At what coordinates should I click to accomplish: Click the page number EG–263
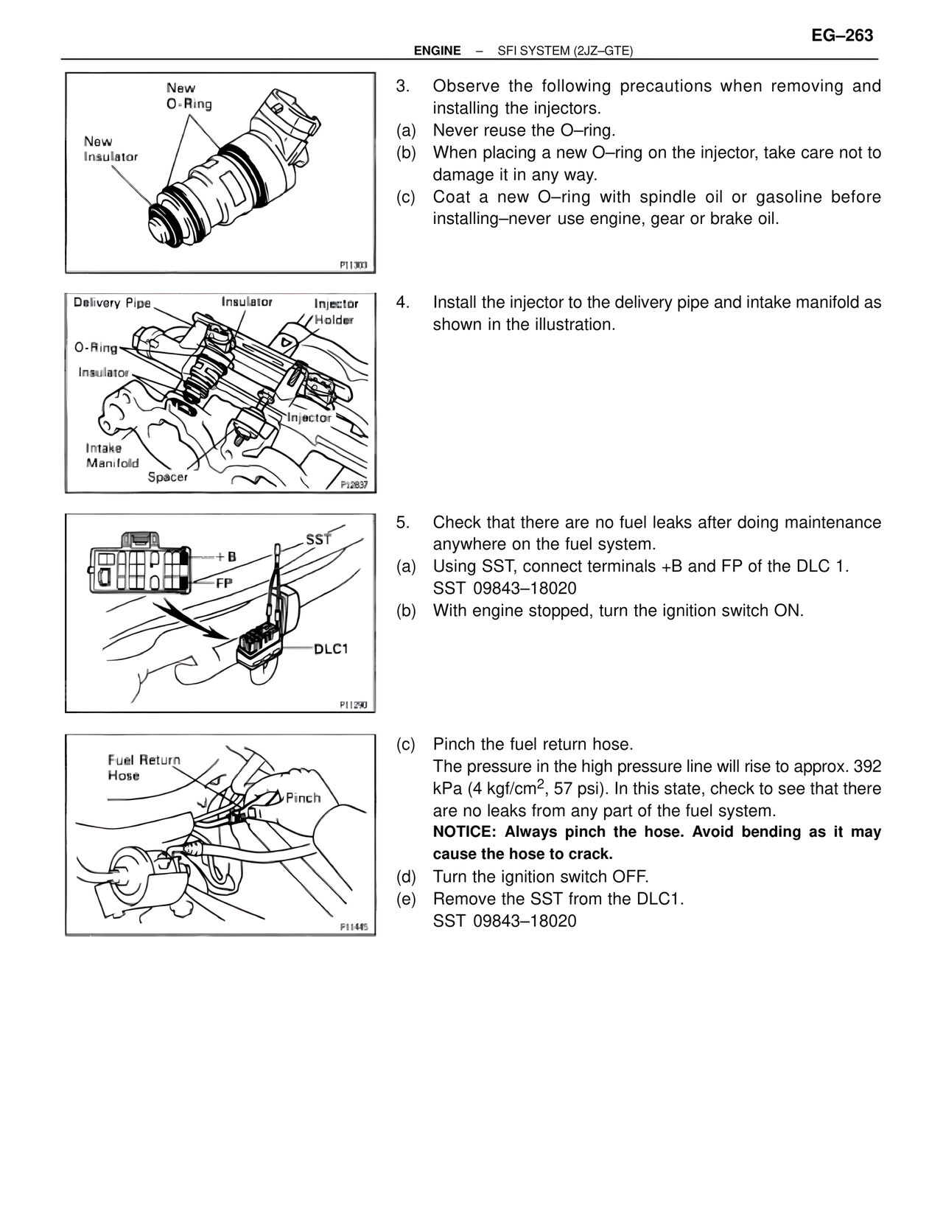(842, 35)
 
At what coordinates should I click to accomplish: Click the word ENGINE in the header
(437, 51)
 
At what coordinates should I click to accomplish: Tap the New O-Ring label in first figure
(189, 96)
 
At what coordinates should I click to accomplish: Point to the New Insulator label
(111, 149)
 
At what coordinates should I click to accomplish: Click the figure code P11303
(353, 264)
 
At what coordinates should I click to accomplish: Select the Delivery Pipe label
(112, 303)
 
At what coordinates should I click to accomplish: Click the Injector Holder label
(335, 312)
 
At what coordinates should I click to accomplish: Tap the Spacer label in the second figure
(167, 477)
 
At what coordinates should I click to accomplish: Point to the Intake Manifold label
(112, 455)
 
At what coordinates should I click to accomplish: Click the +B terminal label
(225, 557)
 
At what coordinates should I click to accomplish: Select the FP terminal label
(224, 582)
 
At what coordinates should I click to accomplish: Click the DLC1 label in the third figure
(331, 649)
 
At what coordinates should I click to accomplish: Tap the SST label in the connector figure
(318, 539)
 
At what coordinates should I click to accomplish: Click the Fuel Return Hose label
(143, 767)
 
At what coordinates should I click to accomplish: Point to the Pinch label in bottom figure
(303, 798)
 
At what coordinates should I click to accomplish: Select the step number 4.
(402, 303)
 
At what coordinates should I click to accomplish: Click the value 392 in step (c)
(867, 766)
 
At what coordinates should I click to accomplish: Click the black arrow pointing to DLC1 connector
(196, 620)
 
